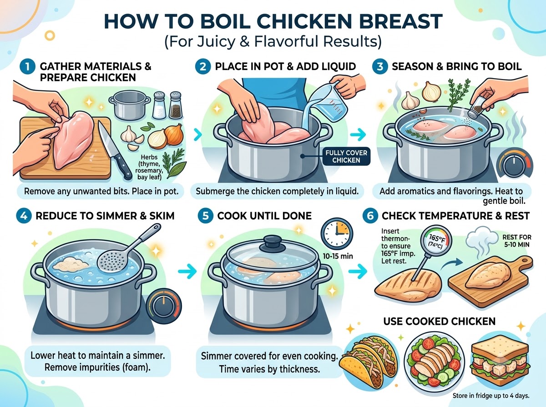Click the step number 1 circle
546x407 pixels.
(x=27, y=67)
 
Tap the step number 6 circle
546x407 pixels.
(x=370, y=216)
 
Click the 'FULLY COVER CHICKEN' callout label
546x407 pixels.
(x=346, y=156)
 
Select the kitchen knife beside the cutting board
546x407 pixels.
(x=114, y=150)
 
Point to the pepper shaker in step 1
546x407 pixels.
(x=176, y=105)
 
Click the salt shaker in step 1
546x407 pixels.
(x=159, y=105)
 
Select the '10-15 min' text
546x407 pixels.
(x=338, y=256)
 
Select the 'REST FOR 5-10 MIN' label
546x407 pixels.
(x=516, y=241)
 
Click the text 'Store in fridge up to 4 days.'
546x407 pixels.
(x=491, y=396)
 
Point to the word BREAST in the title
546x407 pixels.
(x=400, y=21)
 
